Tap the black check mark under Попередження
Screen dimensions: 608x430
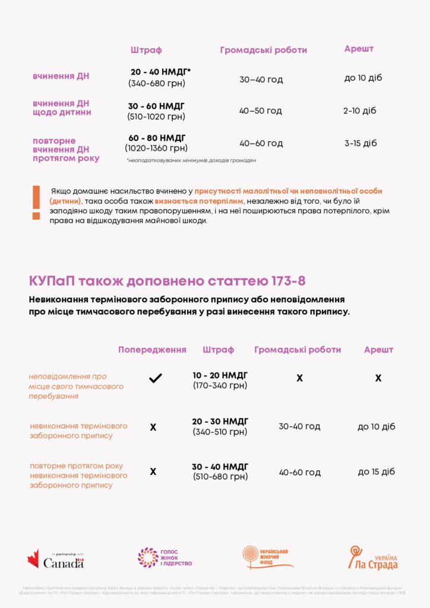click(x=156, y=378)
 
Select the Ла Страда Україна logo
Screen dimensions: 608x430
click(x=372, y=558)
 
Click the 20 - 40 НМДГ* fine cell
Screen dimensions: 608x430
click(x=160, y=72)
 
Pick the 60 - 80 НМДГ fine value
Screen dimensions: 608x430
click(x=157, y=138)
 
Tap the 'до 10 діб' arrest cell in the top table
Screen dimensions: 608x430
click(x=363, y=78)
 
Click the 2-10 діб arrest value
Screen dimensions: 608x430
click(x=360, y=110)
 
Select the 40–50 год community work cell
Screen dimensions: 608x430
click(x=261, y=111)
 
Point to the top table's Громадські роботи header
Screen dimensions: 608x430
click(x=263, y=50)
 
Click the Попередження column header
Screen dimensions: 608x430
click(x=152, y=350)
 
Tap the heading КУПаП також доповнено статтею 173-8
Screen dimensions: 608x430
click(x=167, y=280)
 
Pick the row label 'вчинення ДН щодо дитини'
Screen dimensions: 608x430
click(x=62, y=107)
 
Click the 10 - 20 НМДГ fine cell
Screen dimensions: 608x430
click(x=220, y=375)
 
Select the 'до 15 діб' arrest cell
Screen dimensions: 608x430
click(x=376, y=472)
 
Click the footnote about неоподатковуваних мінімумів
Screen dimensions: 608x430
click(x=191, y=160)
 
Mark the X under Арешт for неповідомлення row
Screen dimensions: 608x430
click(x=378, y=378)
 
